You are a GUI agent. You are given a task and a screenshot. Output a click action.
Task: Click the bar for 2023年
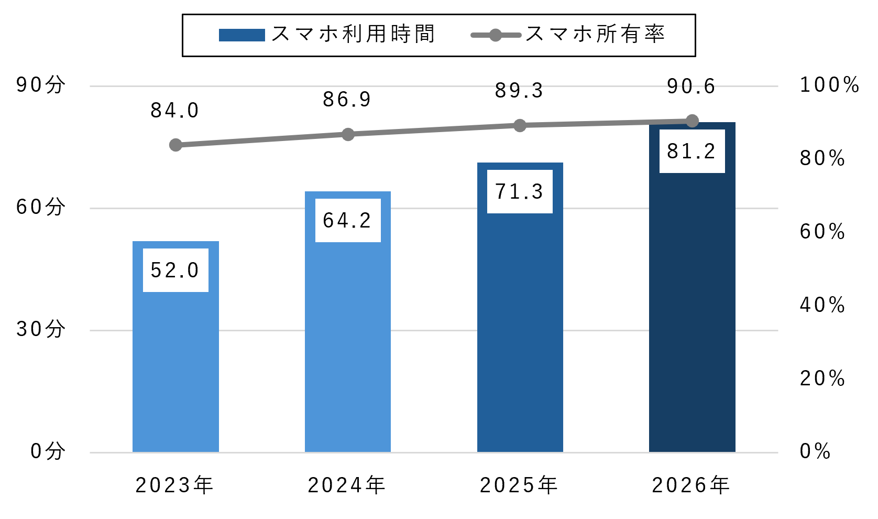tap(175, 347)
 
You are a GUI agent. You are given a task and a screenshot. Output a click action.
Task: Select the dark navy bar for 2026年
tap(692, 287)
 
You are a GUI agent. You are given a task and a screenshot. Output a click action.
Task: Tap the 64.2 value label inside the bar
tap(348, 221)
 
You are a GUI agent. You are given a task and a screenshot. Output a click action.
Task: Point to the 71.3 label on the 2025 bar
tap(520, 192)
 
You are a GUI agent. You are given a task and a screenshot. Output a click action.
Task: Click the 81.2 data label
tap(692, 152)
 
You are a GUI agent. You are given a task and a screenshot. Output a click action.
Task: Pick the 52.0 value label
tap(175, 271)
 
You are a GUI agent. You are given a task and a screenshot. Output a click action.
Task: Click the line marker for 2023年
tap(175, 145)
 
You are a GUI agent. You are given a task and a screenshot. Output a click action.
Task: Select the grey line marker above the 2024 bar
tap(348, 135)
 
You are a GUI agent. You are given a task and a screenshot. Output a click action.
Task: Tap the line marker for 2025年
tap(520, 125)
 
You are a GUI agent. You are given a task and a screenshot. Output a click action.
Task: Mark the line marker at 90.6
tap(692, 121)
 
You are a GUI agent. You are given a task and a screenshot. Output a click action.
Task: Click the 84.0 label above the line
tap(175, 111)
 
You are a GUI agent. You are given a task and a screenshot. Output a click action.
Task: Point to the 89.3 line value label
tap(519, 91)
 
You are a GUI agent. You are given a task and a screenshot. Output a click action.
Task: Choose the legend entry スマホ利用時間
tap(327, 34)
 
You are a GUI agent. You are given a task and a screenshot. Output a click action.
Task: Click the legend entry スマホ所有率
tap(568, 34)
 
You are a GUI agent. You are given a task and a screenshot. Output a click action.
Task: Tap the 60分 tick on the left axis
tap(40, 207)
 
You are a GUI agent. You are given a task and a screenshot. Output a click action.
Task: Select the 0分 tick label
tap(48, 451)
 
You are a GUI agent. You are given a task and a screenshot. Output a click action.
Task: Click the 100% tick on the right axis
tap(829, 85)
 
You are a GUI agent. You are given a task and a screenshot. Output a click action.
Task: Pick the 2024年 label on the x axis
tap(346, 485)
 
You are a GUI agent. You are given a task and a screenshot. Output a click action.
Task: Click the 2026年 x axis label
tap(690, 485)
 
